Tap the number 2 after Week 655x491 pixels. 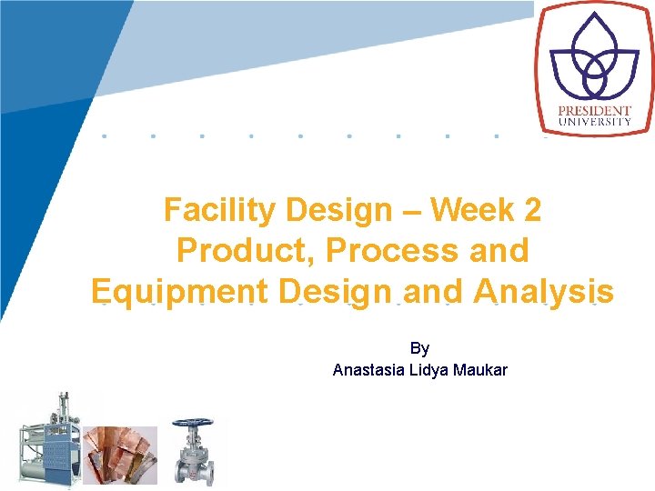pos(532,211)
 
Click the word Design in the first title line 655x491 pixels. pos(338,211)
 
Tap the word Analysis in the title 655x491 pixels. pos(543,292)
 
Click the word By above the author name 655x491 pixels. pos(419,348)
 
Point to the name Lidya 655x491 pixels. pos(431,370)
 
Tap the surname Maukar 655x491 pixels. pos(481,370)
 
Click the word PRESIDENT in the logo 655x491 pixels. pos(595,112)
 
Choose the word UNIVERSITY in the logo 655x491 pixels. pos(595,122)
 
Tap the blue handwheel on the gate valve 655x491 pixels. pos(192,424)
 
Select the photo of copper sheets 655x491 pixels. pos(120,455)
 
